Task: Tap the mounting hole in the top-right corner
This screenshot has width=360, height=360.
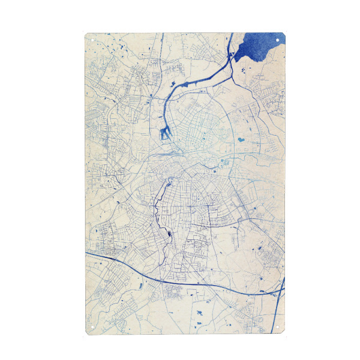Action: click(278, 40)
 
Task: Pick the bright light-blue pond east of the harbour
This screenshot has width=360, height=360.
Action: click(241, 140)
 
